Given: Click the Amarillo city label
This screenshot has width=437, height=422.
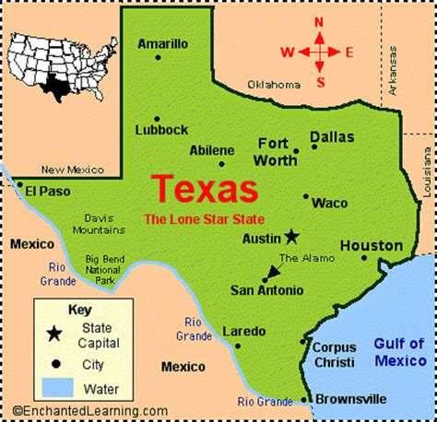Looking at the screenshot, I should (x=163, y=42).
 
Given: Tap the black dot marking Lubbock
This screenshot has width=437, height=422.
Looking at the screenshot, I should (x=157, y=118).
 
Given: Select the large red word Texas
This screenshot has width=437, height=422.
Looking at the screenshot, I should (x=205, y=189).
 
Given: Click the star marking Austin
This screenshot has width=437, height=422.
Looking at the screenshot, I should (x=291, y=235).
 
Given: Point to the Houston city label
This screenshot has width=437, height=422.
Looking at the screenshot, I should (x=372, y=246).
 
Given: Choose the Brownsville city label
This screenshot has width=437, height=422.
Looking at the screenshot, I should (x=351, y=399).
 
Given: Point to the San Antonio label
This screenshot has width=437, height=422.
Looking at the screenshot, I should (x=266, y=290).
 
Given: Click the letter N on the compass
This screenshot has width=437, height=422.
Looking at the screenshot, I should (x=319, y=22).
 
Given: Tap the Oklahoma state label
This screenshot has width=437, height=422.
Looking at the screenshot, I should (x=274, y=84).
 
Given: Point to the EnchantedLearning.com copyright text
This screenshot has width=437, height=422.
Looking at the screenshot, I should (x=90, y=411).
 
